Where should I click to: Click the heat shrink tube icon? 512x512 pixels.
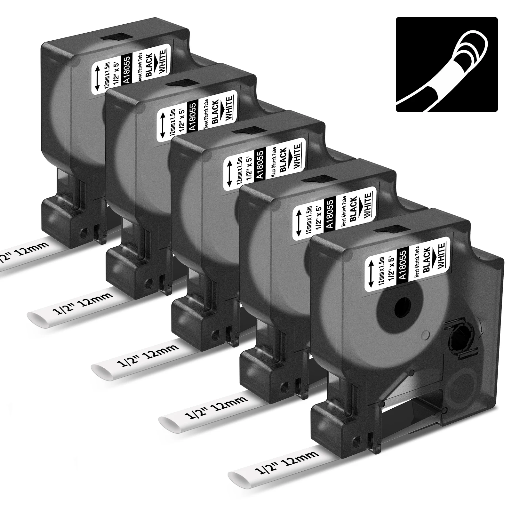[447, 64]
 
